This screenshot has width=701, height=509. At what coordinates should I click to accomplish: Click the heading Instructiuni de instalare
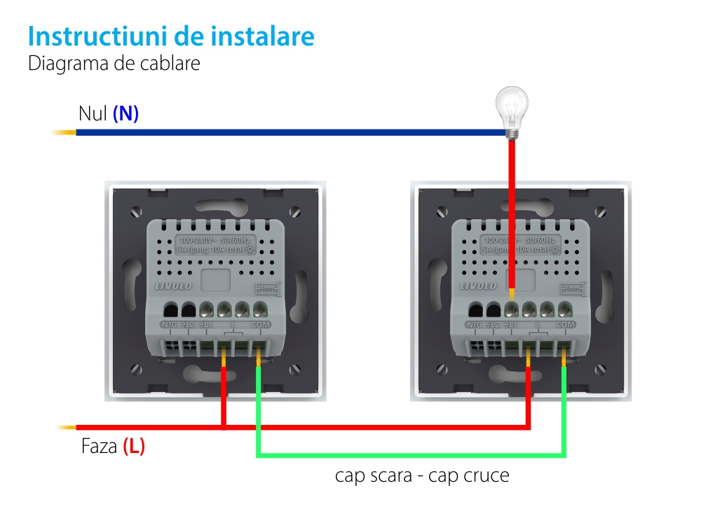[x=171, y=36]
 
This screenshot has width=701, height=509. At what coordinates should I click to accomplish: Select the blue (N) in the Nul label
[x=126, y=114]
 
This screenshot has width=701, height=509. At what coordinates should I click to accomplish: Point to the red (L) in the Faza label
[x=134, y=447]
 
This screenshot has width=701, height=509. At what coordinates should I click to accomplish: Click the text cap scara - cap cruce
[x=421, y=476]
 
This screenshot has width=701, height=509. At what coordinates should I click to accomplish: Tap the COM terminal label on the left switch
[x=260, y=325]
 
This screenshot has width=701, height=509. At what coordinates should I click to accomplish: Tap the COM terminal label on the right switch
[x=565, y=325]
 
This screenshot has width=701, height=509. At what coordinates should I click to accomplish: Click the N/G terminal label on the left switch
[x=170, y=325]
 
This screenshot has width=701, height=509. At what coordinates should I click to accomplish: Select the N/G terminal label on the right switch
[x=475, y=325]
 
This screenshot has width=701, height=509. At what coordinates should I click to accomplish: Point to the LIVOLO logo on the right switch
[x=477, y=286]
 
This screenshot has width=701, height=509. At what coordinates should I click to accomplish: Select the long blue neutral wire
[x=280, y=132]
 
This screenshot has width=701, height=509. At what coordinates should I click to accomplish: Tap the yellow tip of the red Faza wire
[x=67, y=427]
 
